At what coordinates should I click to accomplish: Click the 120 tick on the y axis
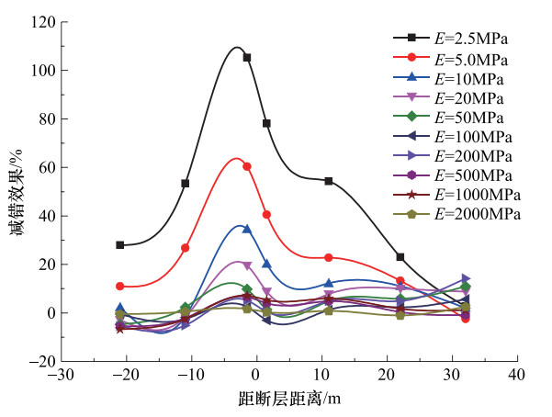click(x=43, y=22)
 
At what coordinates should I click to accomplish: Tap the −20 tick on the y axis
click(x=42, y=362)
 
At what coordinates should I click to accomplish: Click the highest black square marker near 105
click(x=247, y=57)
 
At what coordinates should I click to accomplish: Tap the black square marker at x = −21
click(x=120, y=245)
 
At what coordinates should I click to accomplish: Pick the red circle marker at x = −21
click(x=120, y=287)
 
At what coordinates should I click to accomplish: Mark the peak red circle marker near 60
click(x=247, y=166)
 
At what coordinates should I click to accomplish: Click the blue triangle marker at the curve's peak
click(x=247, y=229)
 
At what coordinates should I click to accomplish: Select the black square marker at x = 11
click(x=329, y=181)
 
